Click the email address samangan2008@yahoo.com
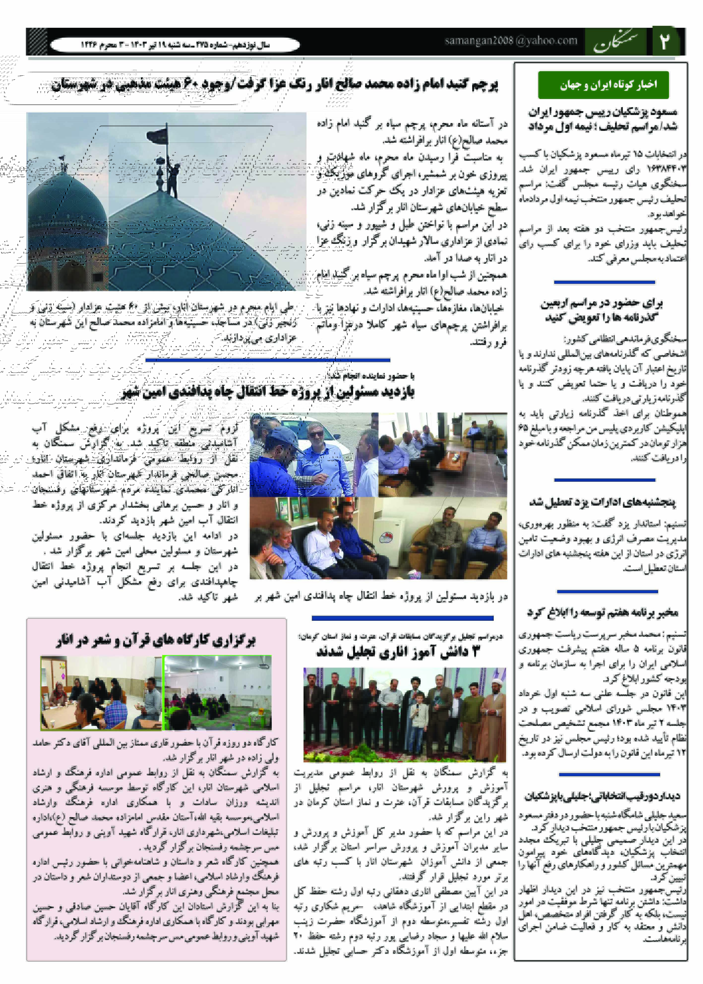[x=511, y=41]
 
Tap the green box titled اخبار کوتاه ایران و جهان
[x=603, y=85]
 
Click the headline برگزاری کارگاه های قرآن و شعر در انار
[x=156, y=640]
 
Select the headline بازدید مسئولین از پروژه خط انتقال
[x=268, y=392]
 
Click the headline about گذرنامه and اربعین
[x=602, y=310]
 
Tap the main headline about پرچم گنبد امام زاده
[x=275, y=84]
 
